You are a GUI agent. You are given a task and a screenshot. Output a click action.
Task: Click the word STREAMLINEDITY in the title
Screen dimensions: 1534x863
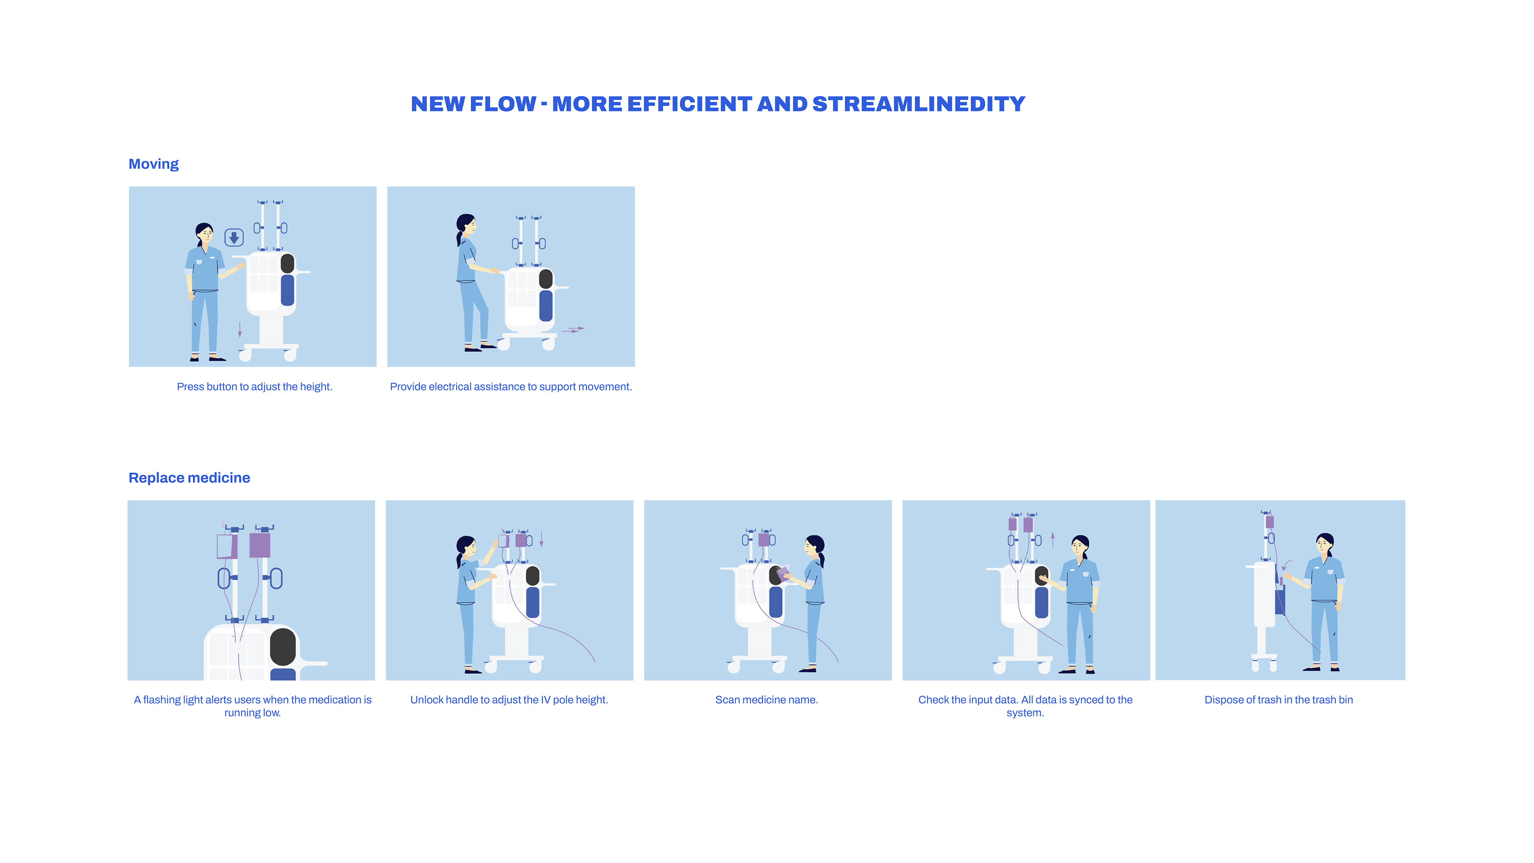(x=918, y=104)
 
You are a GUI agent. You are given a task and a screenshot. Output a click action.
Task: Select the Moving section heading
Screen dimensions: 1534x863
(x=154, y=164)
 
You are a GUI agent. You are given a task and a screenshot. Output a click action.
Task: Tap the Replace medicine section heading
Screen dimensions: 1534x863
(x=189, y=478)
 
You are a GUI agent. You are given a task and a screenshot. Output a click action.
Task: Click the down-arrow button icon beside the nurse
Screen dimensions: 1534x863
(x=234, y=238)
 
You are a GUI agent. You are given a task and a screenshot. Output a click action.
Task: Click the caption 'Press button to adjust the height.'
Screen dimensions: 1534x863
(x=254, y=386)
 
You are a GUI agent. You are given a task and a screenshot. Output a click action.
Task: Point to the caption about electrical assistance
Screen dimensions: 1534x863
(x=511, y=386)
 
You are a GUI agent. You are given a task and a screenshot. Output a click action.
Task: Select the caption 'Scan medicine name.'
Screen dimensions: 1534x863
(x=767, y=700)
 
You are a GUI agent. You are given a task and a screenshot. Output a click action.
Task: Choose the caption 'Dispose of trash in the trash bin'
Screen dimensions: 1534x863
(x=1278, y=700)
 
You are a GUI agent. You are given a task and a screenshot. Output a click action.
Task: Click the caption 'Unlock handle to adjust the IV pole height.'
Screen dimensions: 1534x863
(x=509, y=700)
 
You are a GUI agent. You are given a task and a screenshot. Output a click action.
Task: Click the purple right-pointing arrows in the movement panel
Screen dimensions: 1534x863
(x=573, y=329)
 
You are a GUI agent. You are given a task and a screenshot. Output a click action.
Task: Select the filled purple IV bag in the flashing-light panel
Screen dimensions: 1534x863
(x=260, y=545)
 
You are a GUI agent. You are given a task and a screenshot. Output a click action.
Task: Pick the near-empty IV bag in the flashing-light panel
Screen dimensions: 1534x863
(x=227, y=546)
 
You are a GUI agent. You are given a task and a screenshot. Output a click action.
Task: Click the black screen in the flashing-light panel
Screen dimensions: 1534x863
(x=283, y=647)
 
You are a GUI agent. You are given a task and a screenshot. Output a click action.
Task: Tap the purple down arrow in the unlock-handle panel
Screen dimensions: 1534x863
(x=541, y=540)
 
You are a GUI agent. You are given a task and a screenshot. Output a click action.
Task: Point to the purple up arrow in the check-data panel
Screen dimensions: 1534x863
(x=1053, y=540)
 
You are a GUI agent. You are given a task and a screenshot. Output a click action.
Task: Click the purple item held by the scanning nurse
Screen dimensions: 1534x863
(x=783, y=573)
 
